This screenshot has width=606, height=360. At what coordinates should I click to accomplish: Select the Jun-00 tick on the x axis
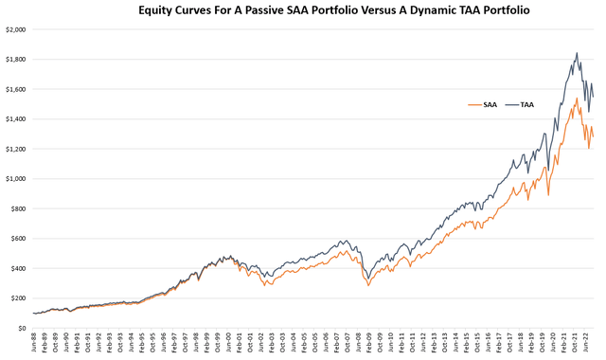[232, 343]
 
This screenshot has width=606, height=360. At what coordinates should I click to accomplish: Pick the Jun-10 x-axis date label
[395, 343]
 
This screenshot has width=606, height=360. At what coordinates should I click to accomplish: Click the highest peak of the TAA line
[577, 53]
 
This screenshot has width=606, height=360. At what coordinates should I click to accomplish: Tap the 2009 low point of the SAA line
[368, 284]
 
